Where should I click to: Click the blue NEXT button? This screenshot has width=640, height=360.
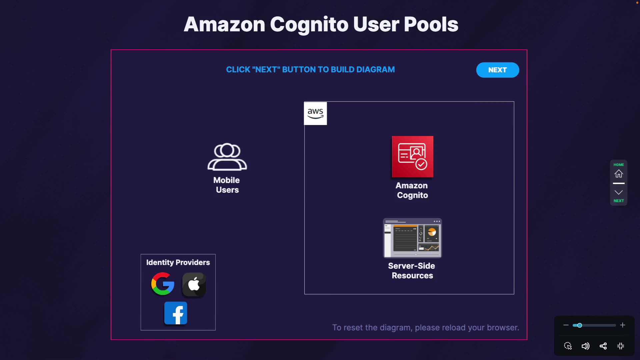pos(497,70)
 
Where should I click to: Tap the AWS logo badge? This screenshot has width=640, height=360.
pos(315,113)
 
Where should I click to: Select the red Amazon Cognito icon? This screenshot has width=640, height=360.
pos(413,157)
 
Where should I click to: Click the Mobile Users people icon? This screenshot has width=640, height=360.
pos(227,157)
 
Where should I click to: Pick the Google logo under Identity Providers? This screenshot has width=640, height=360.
pos(163,284)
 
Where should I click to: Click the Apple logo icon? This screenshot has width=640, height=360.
pos(194,285)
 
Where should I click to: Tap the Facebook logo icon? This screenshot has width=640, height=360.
pos(176,313)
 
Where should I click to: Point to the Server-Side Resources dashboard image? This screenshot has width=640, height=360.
pos(413,238)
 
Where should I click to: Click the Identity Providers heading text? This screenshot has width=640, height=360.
pos(178,262)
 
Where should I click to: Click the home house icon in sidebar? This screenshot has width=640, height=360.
pos(619,174)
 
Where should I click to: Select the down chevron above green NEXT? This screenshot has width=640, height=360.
pos(619,192)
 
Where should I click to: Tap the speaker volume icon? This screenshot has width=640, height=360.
pos(585,346)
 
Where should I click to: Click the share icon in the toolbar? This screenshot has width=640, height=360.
pos(603,346)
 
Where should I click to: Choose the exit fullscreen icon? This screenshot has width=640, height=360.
pos(621,346)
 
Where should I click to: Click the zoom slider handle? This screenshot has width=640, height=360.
pos(580,325)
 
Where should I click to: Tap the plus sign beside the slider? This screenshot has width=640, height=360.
pos(623,325)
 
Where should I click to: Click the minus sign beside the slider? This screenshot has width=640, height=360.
pos(566,325)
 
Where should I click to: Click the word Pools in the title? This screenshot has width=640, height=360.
pos(431,24)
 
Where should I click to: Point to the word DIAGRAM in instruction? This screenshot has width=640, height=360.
pos(376,70)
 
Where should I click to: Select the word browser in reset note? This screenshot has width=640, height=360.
pos(503,328)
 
